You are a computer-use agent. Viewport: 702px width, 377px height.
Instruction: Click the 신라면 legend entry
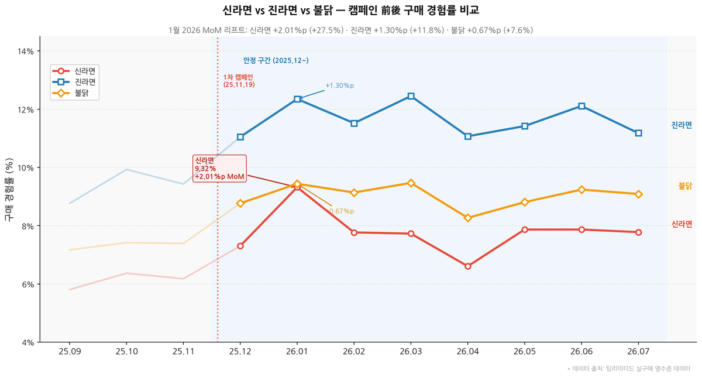click(74, 71)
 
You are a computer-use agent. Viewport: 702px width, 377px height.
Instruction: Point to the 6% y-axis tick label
click(28, 285)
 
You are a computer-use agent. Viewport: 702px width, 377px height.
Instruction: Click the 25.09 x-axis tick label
click(70, 352)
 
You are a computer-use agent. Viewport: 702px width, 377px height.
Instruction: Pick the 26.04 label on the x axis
click(467, 352)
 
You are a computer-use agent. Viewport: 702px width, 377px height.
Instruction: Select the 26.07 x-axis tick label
click(638, 352)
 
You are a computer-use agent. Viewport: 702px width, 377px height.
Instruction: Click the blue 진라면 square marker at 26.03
click(411, 96)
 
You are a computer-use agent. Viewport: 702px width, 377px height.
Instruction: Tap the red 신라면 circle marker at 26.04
click(467, 266)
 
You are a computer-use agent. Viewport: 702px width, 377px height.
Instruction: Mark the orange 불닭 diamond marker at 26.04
click(467, 218)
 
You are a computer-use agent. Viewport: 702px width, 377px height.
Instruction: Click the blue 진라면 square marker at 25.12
click(240, 137)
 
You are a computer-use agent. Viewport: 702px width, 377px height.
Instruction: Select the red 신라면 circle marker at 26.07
click(638, 232)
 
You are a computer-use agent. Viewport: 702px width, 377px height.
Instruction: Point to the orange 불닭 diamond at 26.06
click(581, 190)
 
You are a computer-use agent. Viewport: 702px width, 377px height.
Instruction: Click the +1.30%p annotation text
click(340, 85)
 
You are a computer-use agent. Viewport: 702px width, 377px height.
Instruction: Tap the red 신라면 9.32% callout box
click(219, 169)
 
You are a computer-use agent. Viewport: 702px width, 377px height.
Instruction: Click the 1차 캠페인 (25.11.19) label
click(239, 81)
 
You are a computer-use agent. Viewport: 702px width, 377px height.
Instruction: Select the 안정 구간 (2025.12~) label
click(276, 60)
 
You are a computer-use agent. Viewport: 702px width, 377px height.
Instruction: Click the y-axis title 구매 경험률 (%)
click(9, 190)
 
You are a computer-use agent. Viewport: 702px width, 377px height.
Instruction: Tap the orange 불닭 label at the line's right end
click(685, 186)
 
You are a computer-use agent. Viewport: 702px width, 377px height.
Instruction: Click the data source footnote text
click(629, 369)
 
